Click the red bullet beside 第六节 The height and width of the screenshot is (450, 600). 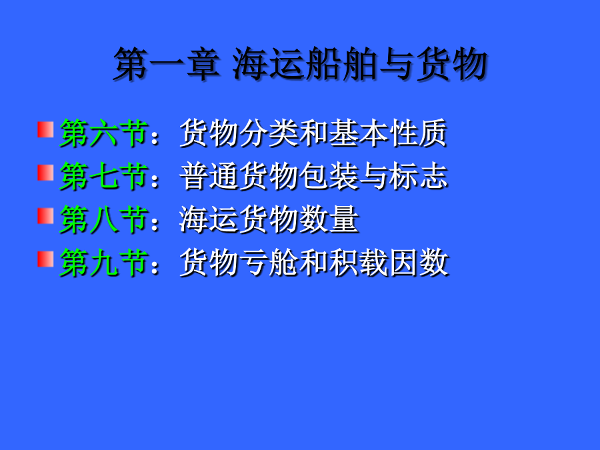45,129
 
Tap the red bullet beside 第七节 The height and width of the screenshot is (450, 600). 45,172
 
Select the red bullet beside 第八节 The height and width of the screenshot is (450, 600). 45,215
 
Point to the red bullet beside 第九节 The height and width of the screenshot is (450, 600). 45,259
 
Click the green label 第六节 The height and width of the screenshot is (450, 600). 104,133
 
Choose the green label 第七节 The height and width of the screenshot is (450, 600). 104,176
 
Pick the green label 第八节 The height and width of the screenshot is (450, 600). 104,219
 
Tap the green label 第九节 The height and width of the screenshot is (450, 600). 104,263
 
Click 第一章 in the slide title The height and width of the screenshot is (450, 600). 167,64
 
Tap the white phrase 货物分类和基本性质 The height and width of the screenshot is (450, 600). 313,133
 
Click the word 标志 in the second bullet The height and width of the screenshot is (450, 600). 418,176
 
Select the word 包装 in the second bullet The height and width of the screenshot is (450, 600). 329,176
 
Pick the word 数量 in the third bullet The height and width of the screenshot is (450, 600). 329,219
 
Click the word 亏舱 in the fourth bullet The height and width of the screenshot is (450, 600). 269,263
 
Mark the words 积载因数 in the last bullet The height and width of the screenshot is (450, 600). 389,263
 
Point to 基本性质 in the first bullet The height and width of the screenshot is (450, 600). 388,133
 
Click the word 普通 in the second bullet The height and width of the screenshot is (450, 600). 209,176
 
